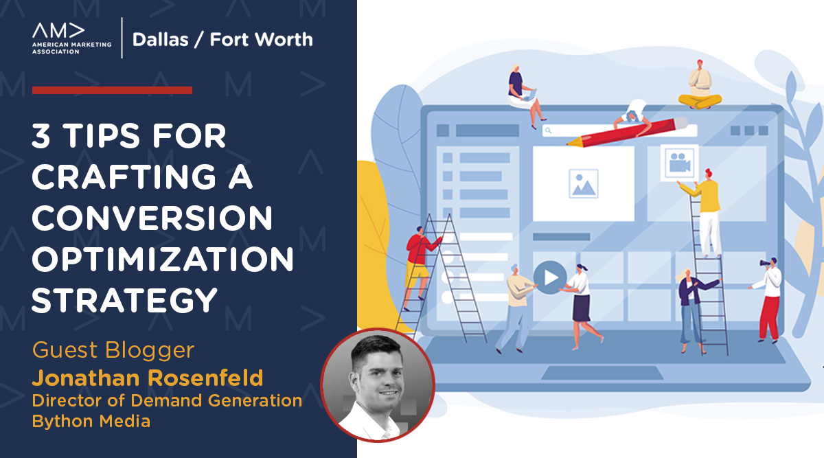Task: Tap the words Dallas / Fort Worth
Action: click(222, 39)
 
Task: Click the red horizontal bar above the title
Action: click(112, 90)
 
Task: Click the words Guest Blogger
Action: click(113, 350)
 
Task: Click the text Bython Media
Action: click(91, 421)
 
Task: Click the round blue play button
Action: click(550, 277)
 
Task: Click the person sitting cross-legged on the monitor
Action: click(699, 85)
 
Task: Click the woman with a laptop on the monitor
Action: click(519, 93)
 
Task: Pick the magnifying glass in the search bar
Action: click(548, 129)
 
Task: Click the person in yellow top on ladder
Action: click(707, 206)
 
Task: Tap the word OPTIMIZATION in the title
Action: click(163, 260)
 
